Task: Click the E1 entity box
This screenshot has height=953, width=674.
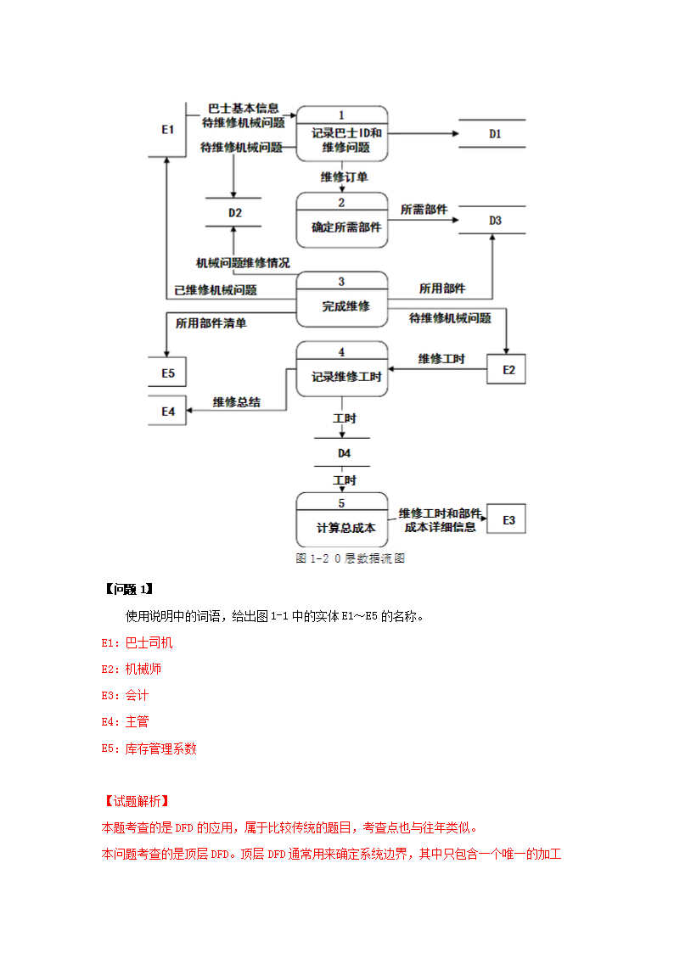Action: [167, 130]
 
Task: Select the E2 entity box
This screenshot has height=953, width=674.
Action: [508, 370]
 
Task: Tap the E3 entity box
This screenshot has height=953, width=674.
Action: [508, 519]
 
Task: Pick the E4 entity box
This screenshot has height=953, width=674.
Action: [168, 411]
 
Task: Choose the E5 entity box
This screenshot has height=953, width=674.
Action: [168, 373]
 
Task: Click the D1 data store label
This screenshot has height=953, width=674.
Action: [495, 134]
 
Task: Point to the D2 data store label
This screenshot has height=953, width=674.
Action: [235, 213]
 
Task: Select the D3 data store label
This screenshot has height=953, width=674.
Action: [495, 221]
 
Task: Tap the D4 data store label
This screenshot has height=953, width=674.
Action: [344, 453]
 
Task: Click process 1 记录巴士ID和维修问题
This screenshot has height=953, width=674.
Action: [342, 133]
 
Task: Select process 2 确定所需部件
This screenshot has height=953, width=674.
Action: [342, 220]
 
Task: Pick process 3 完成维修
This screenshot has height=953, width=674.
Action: [342, 300]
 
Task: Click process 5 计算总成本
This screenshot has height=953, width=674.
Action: [342, 520]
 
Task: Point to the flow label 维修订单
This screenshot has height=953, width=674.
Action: [344, 177]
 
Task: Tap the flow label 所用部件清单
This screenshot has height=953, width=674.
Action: [211, 322]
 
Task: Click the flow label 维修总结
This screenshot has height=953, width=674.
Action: [237, 401]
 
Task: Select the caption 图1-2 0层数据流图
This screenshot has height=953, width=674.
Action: [349, 558]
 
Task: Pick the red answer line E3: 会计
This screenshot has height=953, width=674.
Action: [125, 695]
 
